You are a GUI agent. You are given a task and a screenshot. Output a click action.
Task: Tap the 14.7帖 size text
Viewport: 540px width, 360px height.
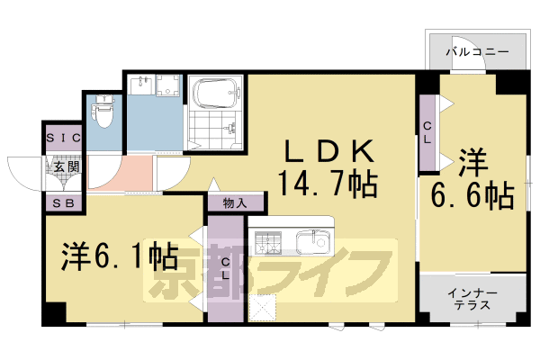[x=327, y=184]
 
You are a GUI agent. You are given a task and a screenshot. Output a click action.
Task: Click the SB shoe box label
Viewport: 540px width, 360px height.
[x=64, y=202]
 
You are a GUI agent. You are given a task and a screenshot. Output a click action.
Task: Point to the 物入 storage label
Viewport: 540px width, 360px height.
[x=235, y=203]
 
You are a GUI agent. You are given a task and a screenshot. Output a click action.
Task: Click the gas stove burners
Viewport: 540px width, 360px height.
[x=268, y=241]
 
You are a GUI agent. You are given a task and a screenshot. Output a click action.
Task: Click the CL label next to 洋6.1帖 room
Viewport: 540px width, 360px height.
[x=226, y=268]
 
